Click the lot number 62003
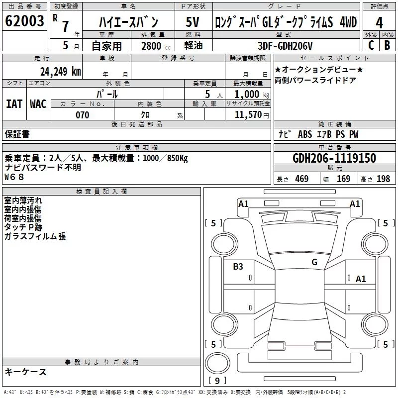(x=24, y=21)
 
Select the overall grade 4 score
(x=379, y=23)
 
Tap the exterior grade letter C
(x=371, y=45)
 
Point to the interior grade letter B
(x=387, y=45)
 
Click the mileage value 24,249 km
(x=61, y=72)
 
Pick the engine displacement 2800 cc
(x=156, y=46)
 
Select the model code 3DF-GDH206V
(x=285, y=46)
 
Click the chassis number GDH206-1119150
(x=334, y=158)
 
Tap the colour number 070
(x=83, y=115)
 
